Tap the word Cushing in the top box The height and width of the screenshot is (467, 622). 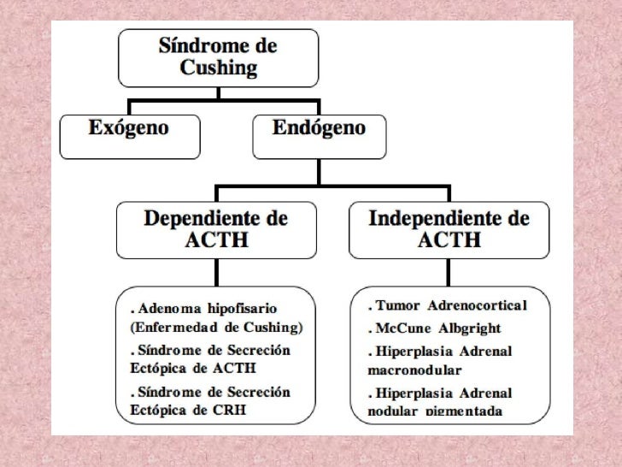pyautogui.click(x=217, y=68)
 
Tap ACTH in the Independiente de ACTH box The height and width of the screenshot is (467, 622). pyautogui.click(x=449, y=241)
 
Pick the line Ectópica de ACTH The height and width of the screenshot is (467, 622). pyautogui.click(x=189, y=370)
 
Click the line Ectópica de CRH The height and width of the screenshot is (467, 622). pyautogui.click(x=187, y=412)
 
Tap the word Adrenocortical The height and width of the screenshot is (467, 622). pyautogui.click(x=488, y=305)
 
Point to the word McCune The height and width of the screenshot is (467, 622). pyautogui.click(x=408, y=329)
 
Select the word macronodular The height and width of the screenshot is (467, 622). pyautogui.click(x=414, y=370)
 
